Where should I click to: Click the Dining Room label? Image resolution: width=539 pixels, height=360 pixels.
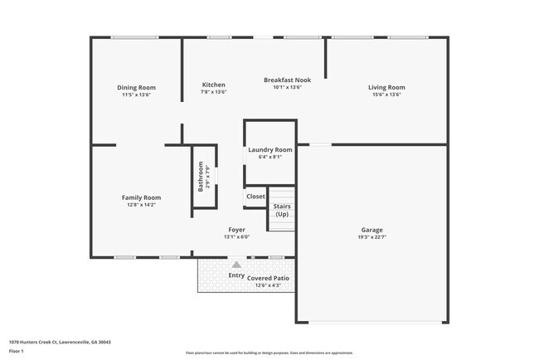(x=136, y=87)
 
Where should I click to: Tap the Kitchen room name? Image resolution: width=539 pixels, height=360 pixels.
(x=214, y=85)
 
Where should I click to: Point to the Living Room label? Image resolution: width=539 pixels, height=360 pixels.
(x=386, y=87)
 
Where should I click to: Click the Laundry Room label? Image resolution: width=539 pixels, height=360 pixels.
(x=270, y=149)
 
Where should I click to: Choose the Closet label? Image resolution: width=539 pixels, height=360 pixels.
(x=255, y=197)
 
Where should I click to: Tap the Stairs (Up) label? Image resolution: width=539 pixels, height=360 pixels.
(x=282, y=211)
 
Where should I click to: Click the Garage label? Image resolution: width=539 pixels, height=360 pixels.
(x=371, y=230)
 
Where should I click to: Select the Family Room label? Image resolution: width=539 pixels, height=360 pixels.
(x=141, y=197)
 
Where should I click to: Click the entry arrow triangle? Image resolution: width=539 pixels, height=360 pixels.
(x=236, y=264)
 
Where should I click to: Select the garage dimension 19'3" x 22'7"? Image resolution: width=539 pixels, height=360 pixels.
(x=371, y=237)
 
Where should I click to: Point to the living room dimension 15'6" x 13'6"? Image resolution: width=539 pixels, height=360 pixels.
(x=386, y=95)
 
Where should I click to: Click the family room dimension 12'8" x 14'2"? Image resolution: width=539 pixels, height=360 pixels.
(x=141, y=204)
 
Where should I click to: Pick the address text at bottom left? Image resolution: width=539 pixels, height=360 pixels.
(x=60, y=341)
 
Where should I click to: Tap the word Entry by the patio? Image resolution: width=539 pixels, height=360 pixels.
(x=236, y=275)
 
